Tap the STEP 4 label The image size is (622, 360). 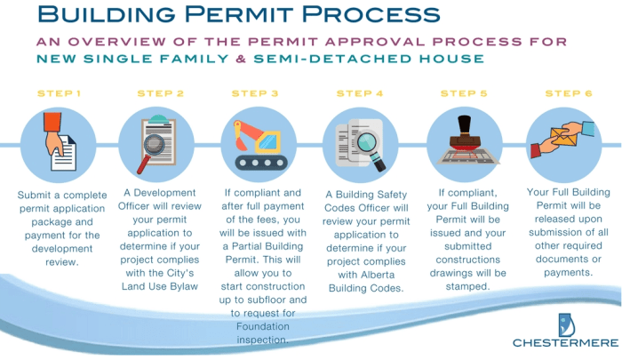[x=360, y=92]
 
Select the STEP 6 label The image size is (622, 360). [x=568, y=92]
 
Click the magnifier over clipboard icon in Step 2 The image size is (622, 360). [x=158, y=144]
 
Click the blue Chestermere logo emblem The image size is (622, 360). [x=566, y=322]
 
